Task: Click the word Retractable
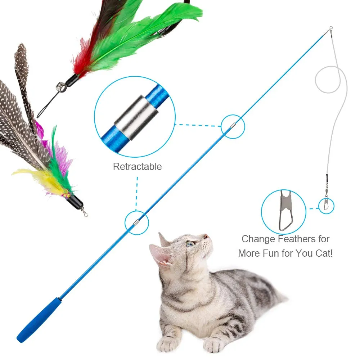pyautogui.click(x=137, y=166)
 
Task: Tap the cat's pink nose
pyautogui.click(x=206, y=237)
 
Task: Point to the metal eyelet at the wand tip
pyautogui.click(x=330, y=28)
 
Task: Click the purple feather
pyautogui.click(x=63, y=158)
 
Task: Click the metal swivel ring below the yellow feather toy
pyautogui.click(x=85, y=214)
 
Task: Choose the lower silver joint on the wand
pyautogui.click(x=136, y=222)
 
